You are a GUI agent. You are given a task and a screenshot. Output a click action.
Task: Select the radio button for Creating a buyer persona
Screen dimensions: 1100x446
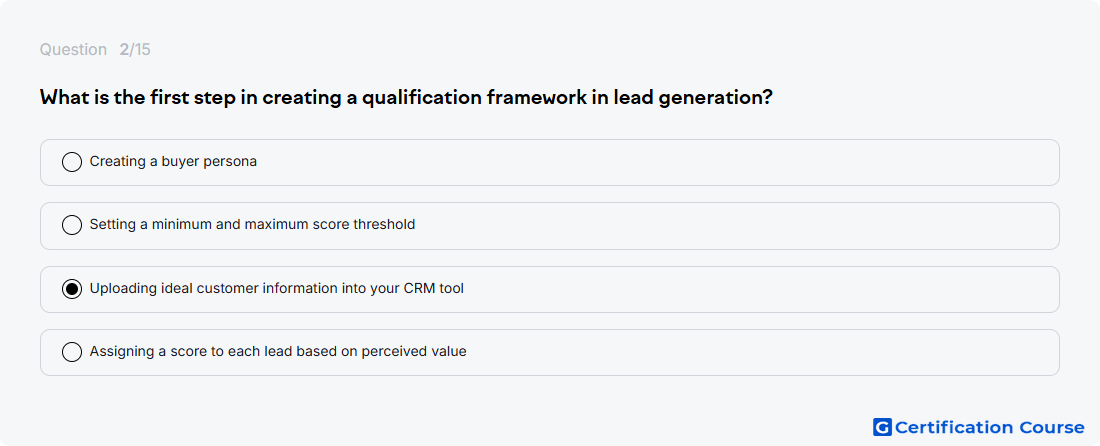(x=72, y=162)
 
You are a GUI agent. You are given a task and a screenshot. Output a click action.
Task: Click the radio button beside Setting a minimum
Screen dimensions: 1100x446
(x=72, y=225)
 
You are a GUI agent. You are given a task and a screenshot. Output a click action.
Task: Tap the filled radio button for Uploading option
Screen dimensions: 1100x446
(x=72, y=288)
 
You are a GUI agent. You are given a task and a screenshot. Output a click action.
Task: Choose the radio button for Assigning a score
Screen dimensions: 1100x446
(x=72, y=351)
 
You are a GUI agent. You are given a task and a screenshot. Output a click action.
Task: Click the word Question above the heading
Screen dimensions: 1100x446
(x=73, y=50)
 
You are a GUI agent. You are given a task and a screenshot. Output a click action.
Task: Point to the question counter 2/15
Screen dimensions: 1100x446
(x=135, y=50)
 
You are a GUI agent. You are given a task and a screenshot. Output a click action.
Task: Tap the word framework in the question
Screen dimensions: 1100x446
(x=540, y=97)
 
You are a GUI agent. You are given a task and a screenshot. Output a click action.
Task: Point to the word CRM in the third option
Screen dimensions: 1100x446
(x=420, y=288)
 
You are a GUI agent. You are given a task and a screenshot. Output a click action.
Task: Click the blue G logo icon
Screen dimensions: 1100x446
(x=882, y=427)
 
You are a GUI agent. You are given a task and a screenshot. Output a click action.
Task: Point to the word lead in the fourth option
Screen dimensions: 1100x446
(x=280, y=351)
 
